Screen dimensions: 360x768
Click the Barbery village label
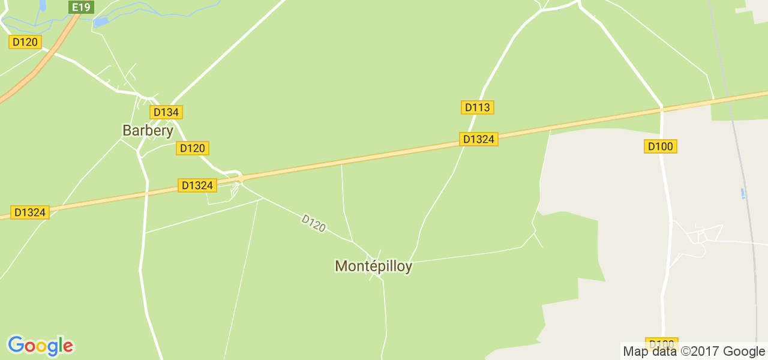coord(148,130)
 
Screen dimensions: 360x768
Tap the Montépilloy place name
coord(373,266)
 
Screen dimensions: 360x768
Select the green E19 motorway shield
coord(80,7)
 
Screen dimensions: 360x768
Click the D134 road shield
coord(166,112)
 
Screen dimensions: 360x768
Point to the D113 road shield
coord(478,107)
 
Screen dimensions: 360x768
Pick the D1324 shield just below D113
coord(479,139)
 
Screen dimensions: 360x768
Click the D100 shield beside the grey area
coord(661,146)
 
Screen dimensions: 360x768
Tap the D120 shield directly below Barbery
coord(193,148)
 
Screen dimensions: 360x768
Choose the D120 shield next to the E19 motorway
coord(25,42)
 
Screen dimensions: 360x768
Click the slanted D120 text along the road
coord(313,223)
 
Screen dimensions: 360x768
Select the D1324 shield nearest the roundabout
coord(197,185)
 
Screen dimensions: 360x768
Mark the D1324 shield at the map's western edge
coord(30,212)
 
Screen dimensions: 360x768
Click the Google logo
coord(40,346)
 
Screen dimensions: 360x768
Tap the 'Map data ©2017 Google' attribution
coord(694,352)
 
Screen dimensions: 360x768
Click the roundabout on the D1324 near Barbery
coord(241,178)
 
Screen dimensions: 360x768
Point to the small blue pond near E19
coord(101,22)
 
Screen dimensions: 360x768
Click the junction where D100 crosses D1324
coord(662,108)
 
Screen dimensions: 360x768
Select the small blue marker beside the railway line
coord(743,193)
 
